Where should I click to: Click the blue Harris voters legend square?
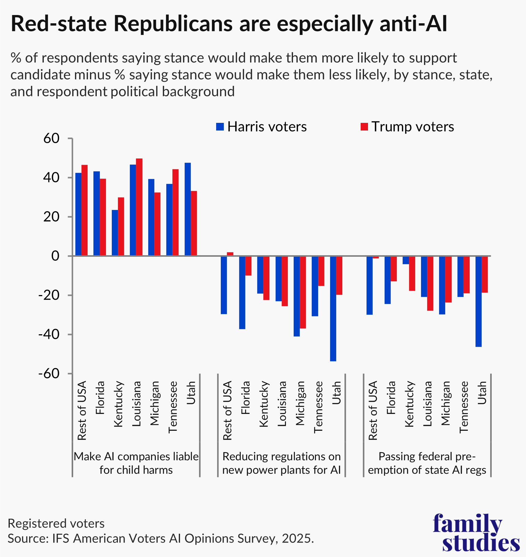(220, 127)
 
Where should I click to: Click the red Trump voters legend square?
(364, 127)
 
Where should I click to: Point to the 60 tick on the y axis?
(51, 138)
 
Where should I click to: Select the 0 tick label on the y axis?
(55, 256)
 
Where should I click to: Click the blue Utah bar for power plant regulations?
(333, 309)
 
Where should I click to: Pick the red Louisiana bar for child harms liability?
(139, 207)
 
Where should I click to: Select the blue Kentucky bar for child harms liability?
(115, 233)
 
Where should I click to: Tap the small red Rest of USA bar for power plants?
(230, 254)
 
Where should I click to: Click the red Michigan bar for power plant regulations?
(303, 292)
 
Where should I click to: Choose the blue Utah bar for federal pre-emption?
(479, 301)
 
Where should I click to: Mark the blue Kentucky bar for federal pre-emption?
(406, 260)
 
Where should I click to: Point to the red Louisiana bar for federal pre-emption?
(430, 283)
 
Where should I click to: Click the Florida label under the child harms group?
(100, 398)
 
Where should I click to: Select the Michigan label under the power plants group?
(300, 403)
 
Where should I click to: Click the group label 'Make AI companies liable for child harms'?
(136, 463)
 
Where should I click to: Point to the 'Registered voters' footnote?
(56, 524)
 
